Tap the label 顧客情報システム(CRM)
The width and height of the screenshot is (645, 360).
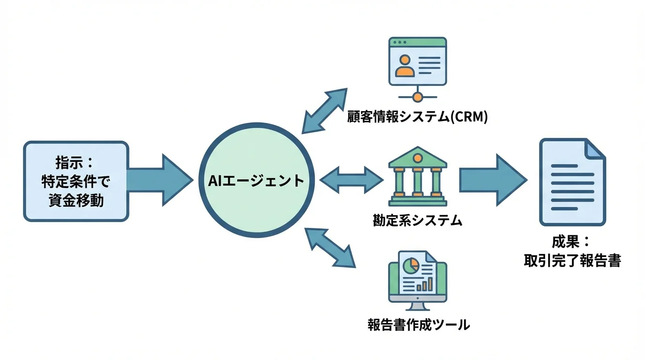coord(418,117)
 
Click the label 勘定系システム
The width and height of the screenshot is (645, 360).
coord(418,220)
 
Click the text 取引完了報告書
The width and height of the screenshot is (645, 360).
coord(572,261)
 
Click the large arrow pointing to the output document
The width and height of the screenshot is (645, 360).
coord(492,181)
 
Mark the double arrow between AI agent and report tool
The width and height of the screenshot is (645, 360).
coord(330,247)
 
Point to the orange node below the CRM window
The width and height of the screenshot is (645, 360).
coord(417,97)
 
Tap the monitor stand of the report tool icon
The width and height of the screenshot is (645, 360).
coord(417,306)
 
